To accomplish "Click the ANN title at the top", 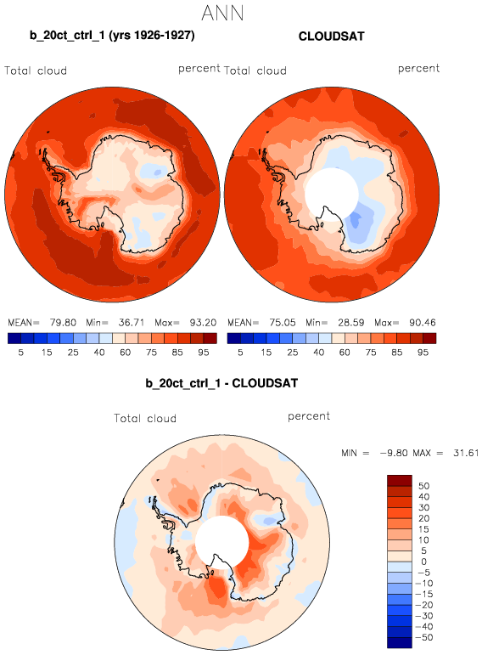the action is (222, 13).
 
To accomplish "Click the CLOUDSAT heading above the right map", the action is (331, 37).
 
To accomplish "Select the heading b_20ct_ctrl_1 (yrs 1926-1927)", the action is (112, 35).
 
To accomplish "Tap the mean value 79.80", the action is (63, 323).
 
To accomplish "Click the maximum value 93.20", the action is (203, 323).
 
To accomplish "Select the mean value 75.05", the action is (283, 323).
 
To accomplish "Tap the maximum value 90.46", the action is (423, 323).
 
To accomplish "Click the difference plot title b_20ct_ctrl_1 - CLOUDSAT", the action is (221, 383).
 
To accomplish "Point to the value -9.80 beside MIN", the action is (394, 453).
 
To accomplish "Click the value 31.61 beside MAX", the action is (466, 453).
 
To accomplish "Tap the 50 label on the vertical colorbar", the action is (424, 486).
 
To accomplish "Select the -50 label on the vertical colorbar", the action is (424, 637).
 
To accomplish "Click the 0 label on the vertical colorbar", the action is (424, 562).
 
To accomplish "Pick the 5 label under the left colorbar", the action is (21, 353).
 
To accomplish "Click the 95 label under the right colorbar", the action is (423, 353).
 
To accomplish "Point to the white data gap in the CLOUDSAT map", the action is (332, 195).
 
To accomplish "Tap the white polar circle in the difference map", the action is (222, 542).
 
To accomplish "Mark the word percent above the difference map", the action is (309, 416).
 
